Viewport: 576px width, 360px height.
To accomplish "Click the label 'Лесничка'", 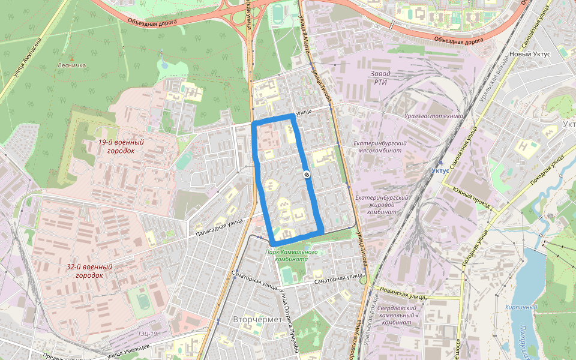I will (x=71, y=65).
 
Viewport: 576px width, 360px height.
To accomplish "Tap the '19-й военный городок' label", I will (x=121, y=146).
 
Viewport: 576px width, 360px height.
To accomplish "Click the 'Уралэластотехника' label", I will (x=434, y=116).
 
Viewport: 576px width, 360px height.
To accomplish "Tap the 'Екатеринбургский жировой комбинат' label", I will (x=382, y=204).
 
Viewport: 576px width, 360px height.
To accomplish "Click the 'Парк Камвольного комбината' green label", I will (x=292, y=256).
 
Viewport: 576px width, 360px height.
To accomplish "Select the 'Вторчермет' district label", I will (x=257, y=320).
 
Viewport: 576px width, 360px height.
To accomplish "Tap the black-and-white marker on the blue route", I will (x=306, y=175).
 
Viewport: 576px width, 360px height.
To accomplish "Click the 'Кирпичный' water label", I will (x=521, y=307).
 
